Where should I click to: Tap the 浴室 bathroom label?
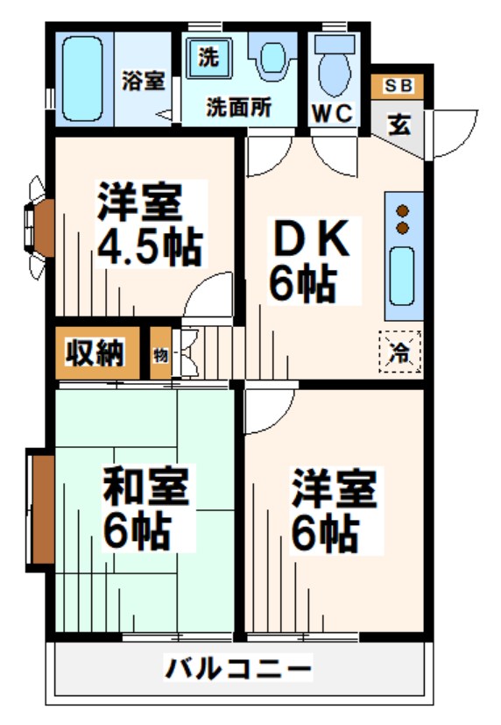[x=144, y=81]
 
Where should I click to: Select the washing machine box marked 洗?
[x=208, y=59]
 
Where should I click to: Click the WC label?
[x=334, y=113]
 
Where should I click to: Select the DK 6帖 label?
[x=305, y=259]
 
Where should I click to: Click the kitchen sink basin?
[x=402, y=274]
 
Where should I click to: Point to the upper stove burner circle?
[x=403, y=210]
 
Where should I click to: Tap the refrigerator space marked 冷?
[x=400, y=352]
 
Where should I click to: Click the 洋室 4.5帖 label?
[x=149, y=225]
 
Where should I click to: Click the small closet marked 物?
[x=161, y=354]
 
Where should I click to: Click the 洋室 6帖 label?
[x=334, y=509]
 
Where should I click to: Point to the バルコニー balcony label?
[x=238, y=671]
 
